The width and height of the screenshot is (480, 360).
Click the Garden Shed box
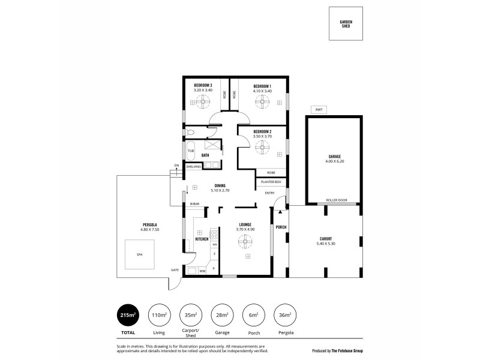coord(346,24)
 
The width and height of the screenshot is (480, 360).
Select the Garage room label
coord(334,157)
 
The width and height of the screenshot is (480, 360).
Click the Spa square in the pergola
coord(139,255)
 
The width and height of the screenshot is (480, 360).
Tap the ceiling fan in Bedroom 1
coord(262,103)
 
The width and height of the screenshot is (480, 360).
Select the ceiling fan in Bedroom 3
coord(203,103)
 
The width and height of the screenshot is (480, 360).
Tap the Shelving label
coord(193,167)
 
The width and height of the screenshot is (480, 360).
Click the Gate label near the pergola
coord(175,269)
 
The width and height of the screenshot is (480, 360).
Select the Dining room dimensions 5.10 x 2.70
coord(220,190)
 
